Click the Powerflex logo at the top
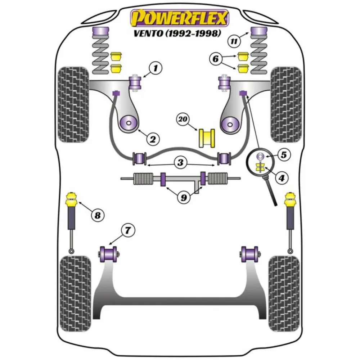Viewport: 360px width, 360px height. click(x=179, y=18)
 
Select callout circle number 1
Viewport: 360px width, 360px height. click(x=156, y=67)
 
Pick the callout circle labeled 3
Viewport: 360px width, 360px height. click(x=180, y=163)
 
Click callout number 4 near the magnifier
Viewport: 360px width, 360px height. click(x=282, y=177)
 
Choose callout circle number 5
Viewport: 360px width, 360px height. click(x=284, y=155)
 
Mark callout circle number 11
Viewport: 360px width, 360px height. click(x=234, y=41)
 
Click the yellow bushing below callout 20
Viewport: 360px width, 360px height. click(x=207, y=138)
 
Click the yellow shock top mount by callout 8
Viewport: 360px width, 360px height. click(x=71, y=199)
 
